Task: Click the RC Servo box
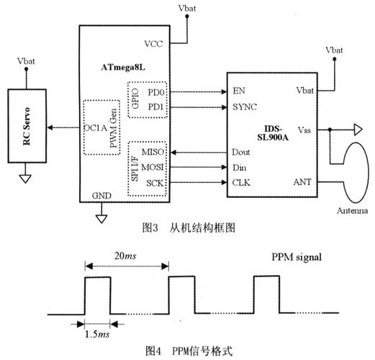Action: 27,129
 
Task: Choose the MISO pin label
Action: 153,153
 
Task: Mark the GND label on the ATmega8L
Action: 101,196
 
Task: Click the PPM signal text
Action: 297,257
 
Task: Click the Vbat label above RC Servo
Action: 25,62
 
